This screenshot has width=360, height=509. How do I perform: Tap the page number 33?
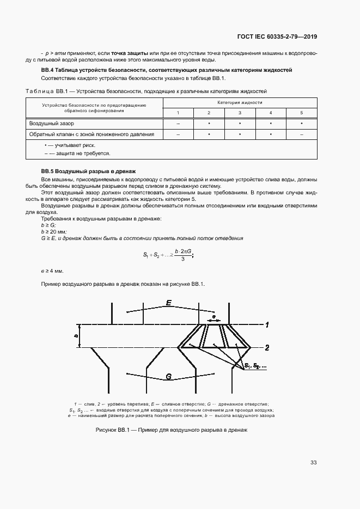pos(313,462)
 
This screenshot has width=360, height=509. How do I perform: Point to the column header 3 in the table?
pos(240,112)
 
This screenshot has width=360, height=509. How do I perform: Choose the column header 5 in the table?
pos(301,112)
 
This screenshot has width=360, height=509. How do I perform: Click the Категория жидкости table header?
pos(240,102)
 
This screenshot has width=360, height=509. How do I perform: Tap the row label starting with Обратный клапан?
pos(91,133)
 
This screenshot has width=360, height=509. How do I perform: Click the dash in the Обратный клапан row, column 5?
pos(301,133)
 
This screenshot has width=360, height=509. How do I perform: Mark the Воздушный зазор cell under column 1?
pos(178,123)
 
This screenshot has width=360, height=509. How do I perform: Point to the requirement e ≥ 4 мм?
pos(52,271)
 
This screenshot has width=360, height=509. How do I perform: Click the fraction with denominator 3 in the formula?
pos(181,255)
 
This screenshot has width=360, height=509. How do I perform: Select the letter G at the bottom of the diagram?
pos(169,376)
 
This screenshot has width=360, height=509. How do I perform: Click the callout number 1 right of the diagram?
pos(267,325)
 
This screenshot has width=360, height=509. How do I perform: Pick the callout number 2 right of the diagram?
pos(267,347)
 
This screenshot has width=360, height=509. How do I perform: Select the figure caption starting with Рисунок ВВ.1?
pos(172,430)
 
